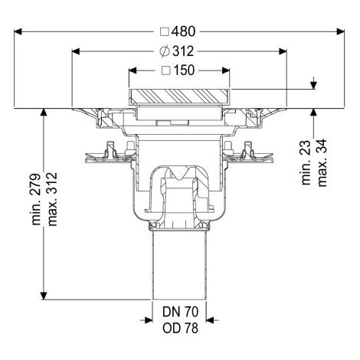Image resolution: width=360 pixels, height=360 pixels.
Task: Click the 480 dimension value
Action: pyautogui.click(x=183, y=31)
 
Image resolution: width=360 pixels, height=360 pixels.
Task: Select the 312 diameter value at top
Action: pyautogui.click(x=183, y=51)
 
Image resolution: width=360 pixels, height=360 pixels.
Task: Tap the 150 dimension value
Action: pyautogui.click(x=184, y=70)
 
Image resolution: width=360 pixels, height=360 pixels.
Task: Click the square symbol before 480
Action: pyautogui.click(x=165, y=32)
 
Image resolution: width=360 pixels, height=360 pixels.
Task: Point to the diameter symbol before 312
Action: pyautogui.click(x=165, y=51)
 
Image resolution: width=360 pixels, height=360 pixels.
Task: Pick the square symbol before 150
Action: pyautogui.click(x=166, y=70)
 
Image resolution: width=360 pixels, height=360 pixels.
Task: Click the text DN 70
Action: pyautogui.click(x=180, y=312)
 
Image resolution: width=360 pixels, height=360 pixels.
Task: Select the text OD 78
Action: pyautogui.click(x=180, y=329)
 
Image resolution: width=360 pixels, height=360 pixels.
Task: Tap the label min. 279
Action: pyautogui.click(x=36, y=200)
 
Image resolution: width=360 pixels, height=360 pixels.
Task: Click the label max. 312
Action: pyautogui.click(x=52, y=199)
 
